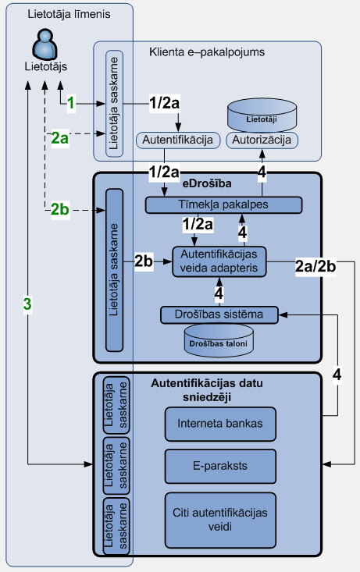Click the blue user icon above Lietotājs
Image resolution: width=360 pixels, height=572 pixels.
[45, 44]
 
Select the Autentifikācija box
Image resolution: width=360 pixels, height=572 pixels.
[178, 140]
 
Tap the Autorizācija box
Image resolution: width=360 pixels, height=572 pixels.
[262, 140]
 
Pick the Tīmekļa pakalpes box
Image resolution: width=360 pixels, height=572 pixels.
[224, 205]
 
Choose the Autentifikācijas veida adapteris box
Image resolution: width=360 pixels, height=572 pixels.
[219, 261]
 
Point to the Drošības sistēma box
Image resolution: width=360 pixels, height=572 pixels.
[219, 314]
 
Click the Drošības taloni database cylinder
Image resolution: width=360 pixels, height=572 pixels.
[219, 340]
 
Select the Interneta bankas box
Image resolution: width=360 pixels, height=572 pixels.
[220, 424]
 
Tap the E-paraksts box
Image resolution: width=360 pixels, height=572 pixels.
[220, 466]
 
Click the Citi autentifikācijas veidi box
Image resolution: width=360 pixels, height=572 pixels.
[220, 520]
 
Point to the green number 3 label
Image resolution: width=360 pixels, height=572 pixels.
[27, 304]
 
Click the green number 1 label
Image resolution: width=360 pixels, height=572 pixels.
[71, 103]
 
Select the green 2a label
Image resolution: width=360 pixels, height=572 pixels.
[59, 138]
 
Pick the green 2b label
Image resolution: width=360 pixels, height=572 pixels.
[59, 209]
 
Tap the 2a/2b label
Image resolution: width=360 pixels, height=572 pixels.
[315, 267]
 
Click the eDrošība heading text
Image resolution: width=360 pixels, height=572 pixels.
[207, 183]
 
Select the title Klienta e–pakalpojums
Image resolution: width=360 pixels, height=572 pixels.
[207, 52]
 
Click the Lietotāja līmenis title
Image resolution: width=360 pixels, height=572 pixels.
[69, 14]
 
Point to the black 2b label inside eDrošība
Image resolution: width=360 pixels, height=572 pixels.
[144, 261]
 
